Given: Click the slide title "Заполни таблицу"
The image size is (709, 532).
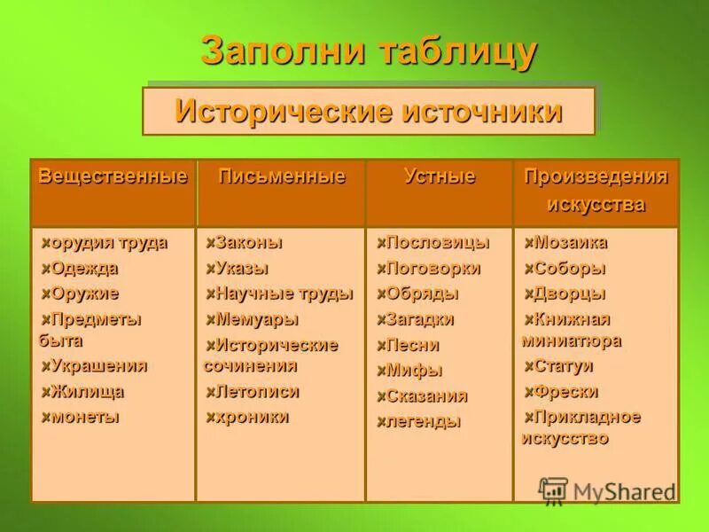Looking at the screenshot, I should tap(369, 51).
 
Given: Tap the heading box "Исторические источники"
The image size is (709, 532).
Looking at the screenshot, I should tap(369, 112).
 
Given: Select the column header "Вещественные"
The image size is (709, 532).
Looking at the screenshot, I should tap(113, 176).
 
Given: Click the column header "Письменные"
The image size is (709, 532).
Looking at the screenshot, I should tap(281, 176).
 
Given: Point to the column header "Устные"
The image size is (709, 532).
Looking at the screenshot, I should tap(439, 176).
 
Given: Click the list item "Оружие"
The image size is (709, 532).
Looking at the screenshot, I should tap(85, 293).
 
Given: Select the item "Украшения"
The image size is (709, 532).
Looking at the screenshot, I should tap(98, 365).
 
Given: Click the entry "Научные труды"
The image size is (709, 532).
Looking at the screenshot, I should tap(284, 293).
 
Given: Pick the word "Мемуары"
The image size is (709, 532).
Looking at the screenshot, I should tap(258, 319).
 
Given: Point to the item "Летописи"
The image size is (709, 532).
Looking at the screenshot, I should tap(258, 391).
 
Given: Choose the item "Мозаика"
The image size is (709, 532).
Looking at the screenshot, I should tap(571, 242).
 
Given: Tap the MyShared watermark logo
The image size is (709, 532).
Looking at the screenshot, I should tap(607, 490).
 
